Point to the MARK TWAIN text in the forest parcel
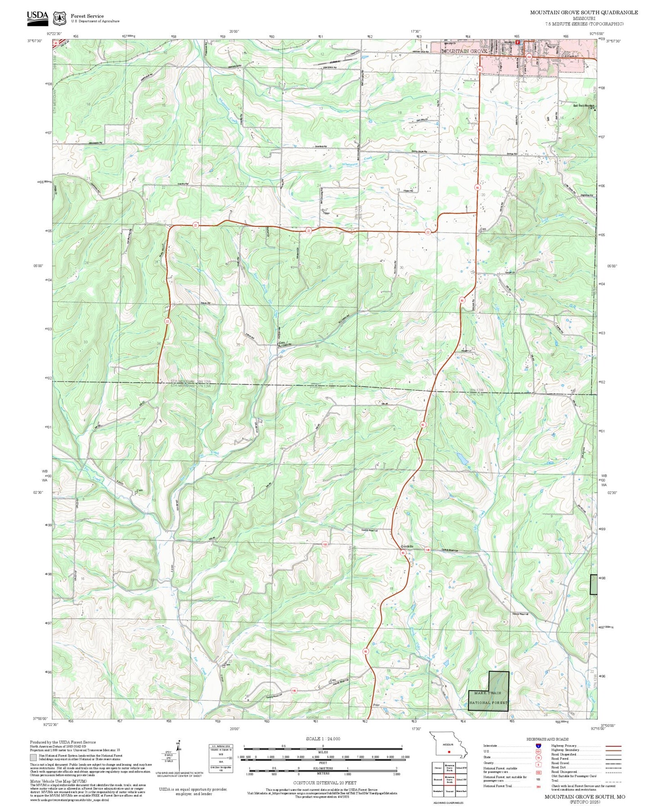coord(487,693)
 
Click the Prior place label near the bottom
coord(377,705)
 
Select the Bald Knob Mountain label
coord(583,106)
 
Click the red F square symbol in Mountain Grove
coord(518,42)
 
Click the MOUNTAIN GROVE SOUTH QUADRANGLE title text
coord(583,12)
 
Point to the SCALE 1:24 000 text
coord(323,739)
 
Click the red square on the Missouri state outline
coord(449,752)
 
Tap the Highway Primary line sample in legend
coord(613,746)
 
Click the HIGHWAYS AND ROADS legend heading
coord(547,739)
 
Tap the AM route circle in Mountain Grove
coord(529,57)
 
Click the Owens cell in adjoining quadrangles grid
coord(438,768)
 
